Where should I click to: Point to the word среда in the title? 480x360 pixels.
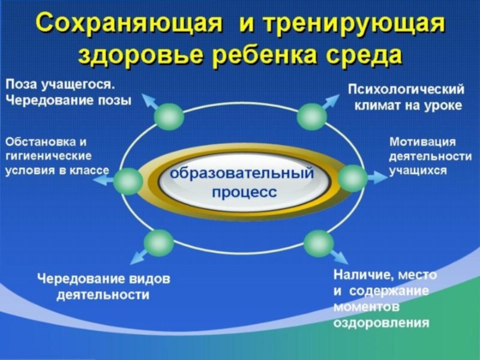[364, 55]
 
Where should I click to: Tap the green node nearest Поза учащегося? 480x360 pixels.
[169, 116]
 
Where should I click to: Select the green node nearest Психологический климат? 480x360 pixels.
[311, 116]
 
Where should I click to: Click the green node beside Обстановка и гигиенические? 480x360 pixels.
[128, 181]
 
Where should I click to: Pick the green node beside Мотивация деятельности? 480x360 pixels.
[352, 178]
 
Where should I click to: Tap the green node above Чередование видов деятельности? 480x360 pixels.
[158, 243]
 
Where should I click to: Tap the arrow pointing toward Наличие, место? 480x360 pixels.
[339, 257]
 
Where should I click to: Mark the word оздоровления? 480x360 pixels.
[381, 323]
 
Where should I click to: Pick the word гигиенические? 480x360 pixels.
[49, 156]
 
